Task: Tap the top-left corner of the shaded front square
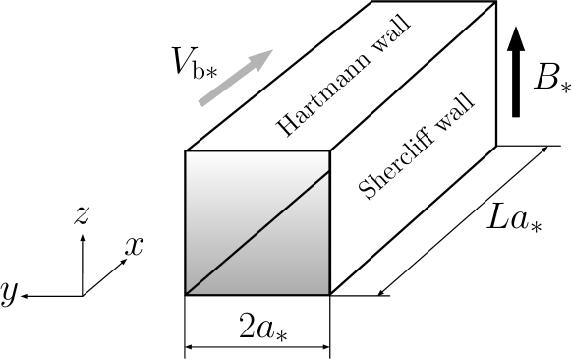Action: [187, 150]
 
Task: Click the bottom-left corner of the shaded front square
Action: [187, 293]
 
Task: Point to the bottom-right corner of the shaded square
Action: [329, 293]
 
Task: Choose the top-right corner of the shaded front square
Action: [329, 150]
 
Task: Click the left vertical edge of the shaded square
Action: [187, 221]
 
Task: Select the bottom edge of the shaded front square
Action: [257, 293]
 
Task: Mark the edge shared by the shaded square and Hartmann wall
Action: [257, 150]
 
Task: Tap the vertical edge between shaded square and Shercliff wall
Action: [329, 221]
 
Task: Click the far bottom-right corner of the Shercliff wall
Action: [494, 144]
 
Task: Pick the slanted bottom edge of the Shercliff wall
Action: [412, 218]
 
